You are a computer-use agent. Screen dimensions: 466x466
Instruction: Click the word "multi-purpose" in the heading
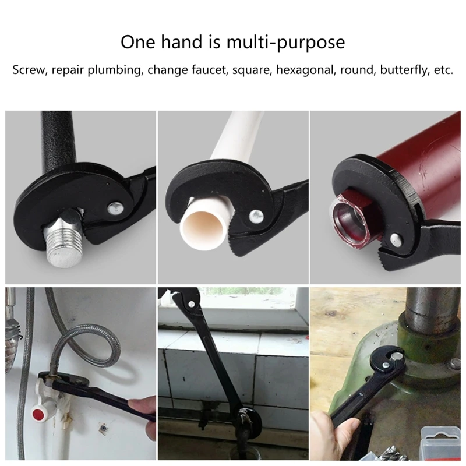coord(285,43)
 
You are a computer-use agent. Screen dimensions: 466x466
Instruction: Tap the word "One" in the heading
coord(137,42)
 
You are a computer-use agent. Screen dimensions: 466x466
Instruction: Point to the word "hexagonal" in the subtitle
coord(305,70)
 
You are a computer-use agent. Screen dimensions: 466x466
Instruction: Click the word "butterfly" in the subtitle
coord(404,70)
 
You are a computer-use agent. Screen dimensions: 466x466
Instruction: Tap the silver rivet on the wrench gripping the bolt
coord(115,208)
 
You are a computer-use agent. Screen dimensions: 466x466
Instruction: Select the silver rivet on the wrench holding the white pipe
coord(256,216)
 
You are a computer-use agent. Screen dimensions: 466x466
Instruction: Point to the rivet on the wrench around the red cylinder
coord(396,239)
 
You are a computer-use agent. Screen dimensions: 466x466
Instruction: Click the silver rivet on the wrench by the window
coord(192,303)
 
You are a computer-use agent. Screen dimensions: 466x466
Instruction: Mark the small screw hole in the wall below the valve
coord(103,428)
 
